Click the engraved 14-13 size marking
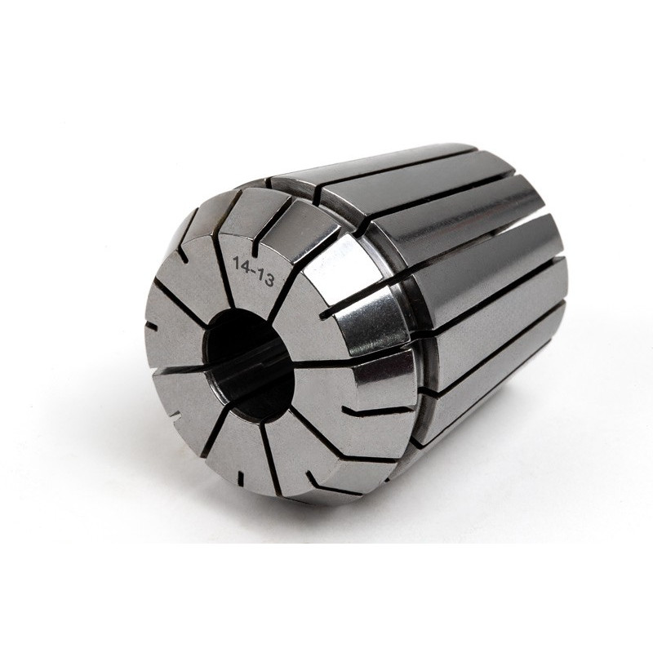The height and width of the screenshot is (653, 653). [x=253, y=272]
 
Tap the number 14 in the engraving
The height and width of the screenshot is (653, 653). [x=241, y=264]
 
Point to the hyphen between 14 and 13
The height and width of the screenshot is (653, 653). [x=253, y=270]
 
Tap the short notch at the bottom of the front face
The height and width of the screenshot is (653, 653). [x=240, y=478]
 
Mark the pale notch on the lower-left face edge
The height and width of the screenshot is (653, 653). [x=177, y=415]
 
